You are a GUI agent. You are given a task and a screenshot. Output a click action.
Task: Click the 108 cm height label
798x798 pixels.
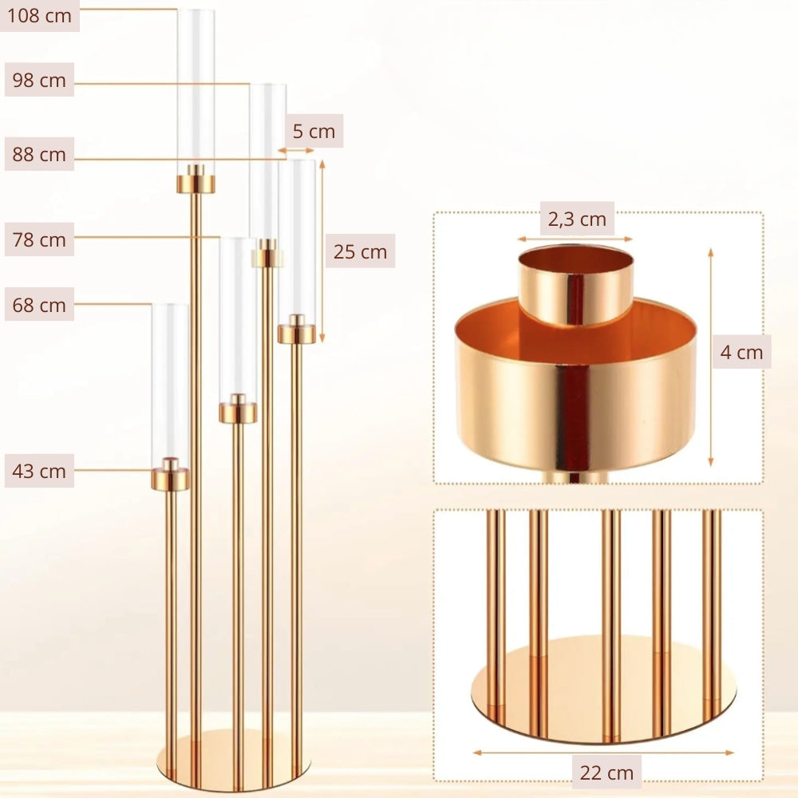(39, 16)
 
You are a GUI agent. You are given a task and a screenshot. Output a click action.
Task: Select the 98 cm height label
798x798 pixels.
(39, 80)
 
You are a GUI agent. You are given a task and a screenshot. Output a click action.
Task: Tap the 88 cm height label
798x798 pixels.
(39, 154)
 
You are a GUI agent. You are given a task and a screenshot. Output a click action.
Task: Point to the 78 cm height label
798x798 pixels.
(39, 239)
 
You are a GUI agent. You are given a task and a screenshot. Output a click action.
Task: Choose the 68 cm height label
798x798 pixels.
(39, 305)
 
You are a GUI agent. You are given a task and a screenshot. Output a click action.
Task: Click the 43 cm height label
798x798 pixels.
(39, 471)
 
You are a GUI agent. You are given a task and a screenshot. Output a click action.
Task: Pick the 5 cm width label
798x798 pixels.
(314, 132)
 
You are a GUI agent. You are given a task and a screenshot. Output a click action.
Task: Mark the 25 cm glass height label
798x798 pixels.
(361, 251)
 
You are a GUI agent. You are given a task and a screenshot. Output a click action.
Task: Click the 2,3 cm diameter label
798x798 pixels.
(577, 219)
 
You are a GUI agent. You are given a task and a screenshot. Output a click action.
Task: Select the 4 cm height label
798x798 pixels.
(741, 352)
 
